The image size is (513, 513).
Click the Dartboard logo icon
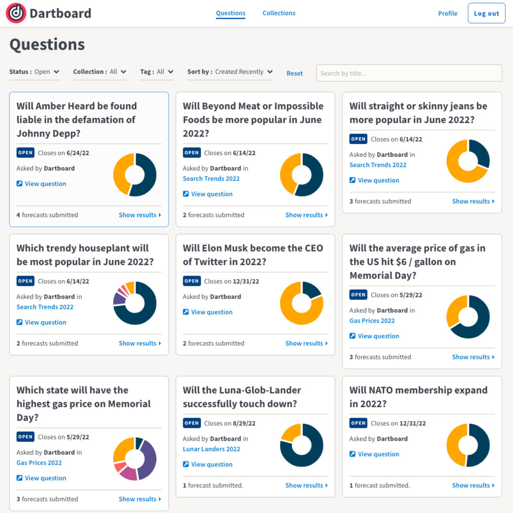pos(16,13)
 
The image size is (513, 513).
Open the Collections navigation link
pos(279,13)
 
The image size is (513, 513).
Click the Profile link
pos(448,14)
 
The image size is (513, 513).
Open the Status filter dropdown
pos(34,72)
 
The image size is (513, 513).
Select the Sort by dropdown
pos(230,72)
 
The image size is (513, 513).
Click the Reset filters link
pos(294,74)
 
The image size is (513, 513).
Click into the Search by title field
pos(409,73)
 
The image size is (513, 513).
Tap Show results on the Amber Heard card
pos(140,215)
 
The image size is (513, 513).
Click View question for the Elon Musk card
pos(211,312)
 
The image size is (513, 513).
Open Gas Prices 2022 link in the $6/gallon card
pos(372,321)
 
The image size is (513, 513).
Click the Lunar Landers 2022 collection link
pos(211,449)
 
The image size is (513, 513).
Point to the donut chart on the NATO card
pos(468,445)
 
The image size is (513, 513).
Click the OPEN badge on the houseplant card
pos(25,281)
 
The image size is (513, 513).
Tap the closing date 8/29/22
pos(244,424)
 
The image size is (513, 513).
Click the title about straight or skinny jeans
pos(418,113)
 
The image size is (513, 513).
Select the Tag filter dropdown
pos(157,72)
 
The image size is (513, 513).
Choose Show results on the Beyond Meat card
pos(306,215)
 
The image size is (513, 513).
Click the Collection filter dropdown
pos(99,72)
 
